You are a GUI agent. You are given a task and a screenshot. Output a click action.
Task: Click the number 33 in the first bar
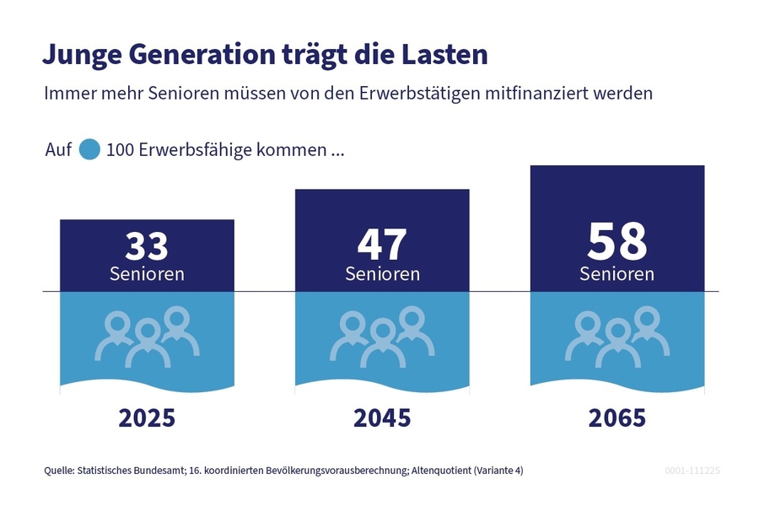[147, 246]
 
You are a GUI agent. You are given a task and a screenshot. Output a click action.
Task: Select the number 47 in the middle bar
[382, 245]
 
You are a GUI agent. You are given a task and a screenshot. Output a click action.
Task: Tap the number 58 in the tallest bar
[617, 241]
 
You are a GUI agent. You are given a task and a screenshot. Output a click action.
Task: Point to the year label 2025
[147, 418]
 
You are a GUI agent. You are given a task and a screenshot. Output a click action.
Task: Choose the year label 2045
[382, 418]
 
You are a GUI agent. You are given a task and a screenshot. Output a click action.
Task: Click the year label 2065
[617, 418]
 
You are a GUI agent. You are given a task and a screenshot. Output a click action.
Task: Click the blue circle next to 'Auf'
[89, 151]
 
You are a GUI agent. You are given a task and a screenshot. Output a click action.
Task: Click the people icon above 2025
[147, 337]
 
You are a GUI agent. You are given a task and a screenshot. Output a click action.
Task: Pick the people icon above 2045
[382, 337]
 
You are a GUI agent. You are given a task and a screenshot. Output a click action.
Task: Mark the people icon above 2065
[617, 337]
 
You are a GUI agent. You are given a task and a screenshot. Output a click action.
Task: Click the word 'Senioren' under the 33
[147, 274]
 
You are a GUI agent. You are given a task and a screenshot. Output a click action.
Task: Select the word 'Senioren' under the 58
[617, 274]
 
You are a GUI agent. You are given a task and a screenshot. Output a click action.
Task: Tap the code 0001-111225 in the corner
[692, 470]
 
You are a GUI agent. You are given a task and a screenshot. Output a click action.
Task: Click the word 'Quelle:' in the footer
[59, 470]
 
